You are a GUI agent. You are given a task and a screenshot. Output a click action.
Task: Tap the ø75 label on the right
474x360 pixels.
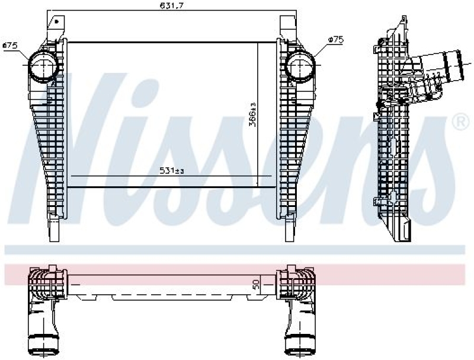[x=337, y=39]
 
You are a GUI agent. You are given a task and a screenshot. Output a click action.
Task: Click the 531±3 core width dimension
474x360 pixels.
[x=172, y=171]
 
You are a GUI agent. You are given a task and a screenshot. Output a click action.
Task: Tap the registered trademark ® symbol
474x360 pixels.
[x=459, y=123]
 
